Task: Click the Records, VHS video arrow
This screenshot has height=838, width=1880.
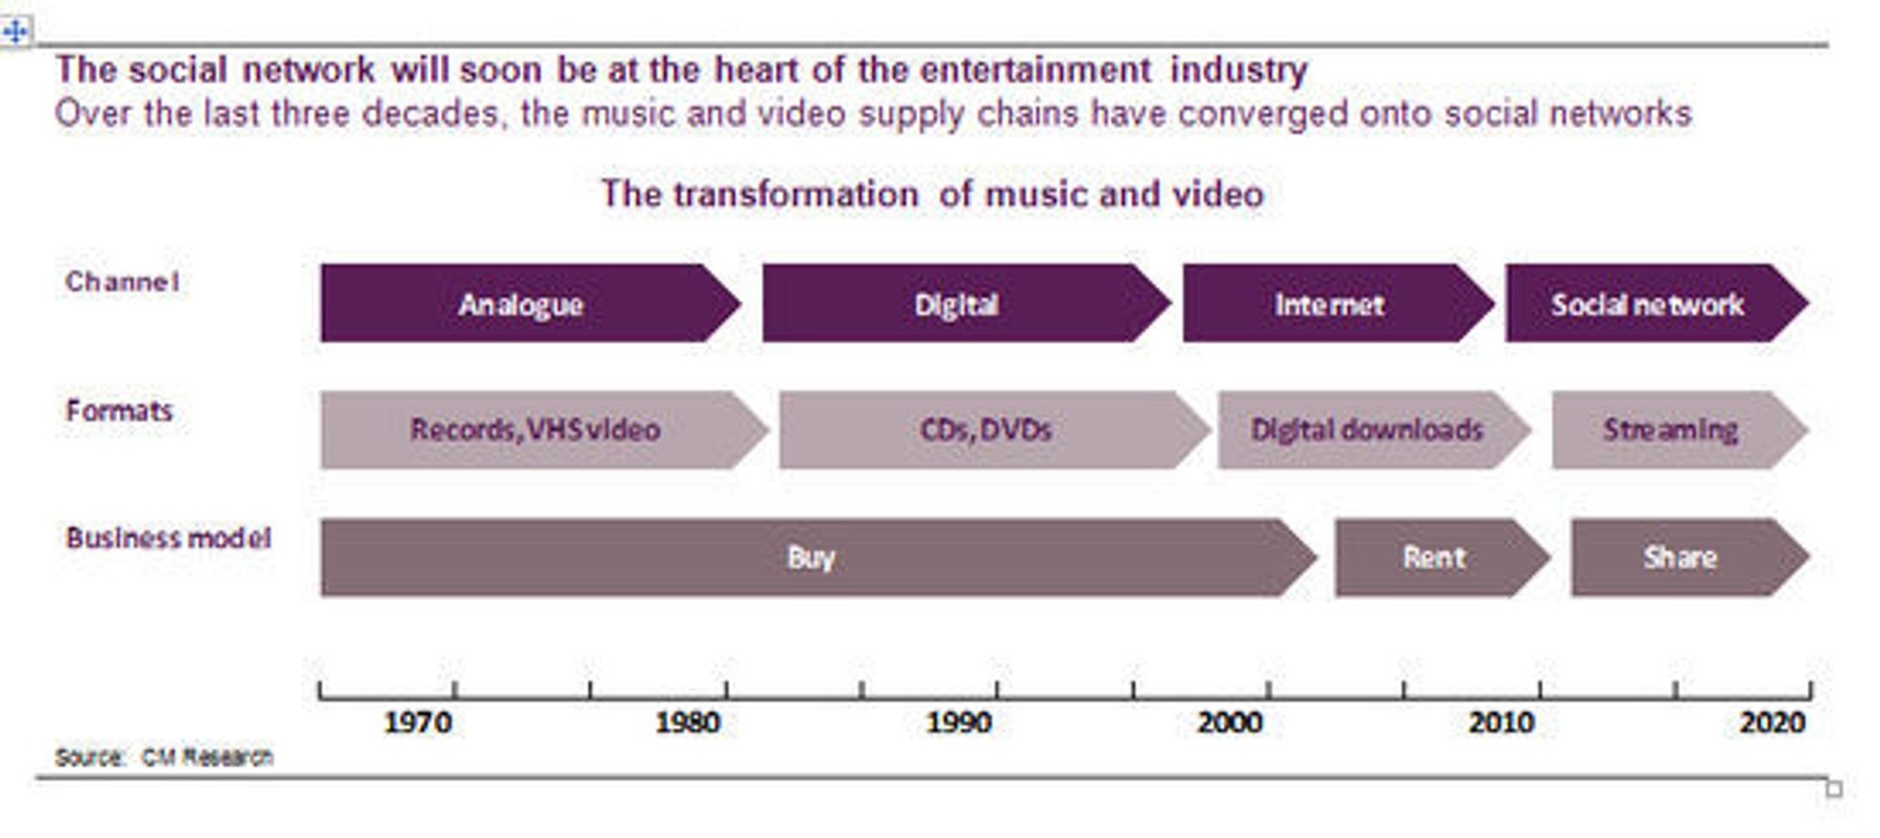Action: click(544, 430)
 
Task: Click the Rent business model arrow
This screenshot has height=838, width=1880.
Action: click(1442, 558)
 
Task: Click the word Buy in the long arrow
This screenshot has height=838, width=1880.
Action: click(811, 558)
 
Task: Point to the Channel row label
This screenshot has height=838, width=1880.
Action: click(122, 281)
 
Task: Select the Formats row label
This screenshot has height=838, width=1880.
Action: click(119, 410)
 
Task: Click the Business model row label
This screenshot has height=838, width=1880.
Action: click(168, 538)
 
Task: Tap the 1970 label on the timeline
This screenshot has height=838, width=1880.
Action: click(418, 722)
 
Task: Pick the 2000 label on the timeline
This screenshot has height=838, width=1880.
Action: click(1230, 722)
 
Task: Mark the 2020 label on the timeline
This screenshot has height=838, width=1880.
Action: click(1773, 722)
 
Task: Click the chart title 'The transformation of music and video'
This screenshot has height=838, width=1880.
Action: click(932, 194)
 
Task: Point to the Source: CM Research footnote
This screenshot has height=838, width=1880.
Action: click(164, 757)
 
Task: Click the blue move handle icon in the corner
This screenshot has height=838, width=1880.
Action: click(15, 32)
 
